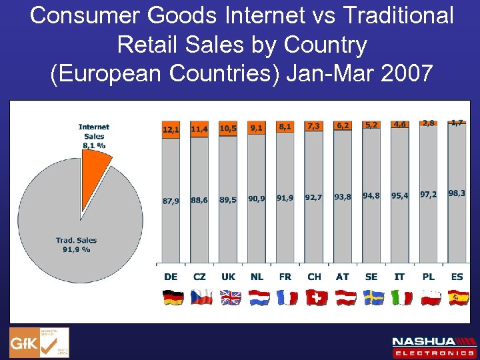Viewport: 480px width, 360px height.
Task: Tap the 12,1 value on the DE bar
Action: (171, 129)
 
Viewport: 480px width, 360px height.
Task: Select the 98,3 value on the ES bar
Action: (457, 192)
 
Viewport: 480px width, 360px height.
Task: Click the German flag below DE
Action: (172, 297)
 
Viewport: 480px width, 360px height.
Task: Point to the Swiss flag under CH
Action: (315, 297)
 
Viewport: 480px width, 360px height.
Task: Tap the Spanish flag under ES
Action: (458, 297)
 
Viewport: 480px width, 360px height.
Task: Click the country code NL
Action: (257, 276)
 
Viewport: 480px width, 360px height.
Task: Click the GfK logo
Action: (39, 343)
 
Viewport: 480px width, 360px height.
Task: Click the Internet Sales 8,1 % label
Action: (94, 136)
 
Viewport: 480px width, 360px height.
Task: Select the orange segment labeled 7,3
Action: (313, 127)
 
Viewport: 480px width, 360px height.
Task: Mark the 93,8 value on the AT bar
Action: (343, 197)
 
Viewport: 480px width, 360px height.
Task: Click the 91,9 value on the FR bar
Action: (285, 198)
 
